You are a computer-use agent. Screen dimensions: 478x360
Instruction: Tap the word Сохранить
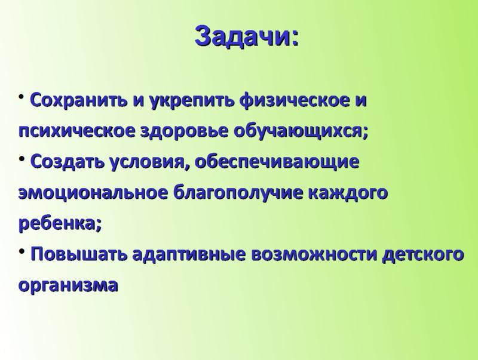(x=79, y=100)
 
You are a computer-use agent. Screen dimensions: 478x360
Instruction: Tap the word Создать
(x=68, y=161)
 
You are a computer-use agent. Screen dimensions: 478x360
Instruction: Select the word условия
(x=146, y=162)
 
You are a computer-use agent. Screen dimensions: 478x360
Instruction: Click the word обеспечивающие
(x=277, y=162)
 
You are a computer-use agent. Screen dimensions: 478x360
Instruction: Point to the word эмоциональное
(x=93, y=193)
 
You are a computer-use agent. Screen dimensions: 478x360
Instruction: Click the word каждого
(x=348, y=193)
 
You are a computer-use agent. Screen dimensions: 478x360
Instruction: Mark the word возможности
(x=313, y=254)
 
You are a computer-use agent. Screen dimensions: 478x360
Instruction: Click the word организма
(x=68, y=285)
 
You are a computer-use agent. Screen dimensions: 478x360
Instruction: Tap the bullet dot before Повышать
(x=22, y=251)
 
